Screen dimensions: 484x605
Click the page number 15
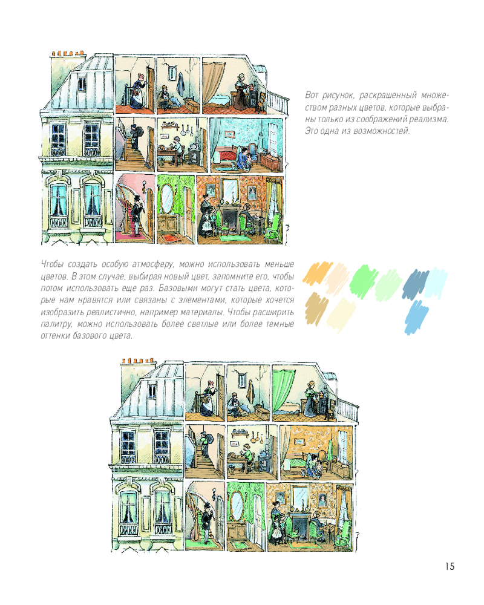(450, 566)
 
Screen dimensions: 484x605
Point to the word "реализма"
(431, 119)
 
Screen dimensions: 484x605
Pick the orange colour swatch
(315, 273)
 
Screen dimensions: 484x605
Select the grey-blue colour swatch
(415, 284)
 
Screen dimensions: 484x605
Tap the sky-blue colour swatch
(417, 317)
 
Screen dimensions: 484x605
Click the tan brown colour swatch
(316, 309)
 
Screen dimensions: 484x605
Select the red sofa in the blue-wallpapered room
(227, 154)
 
